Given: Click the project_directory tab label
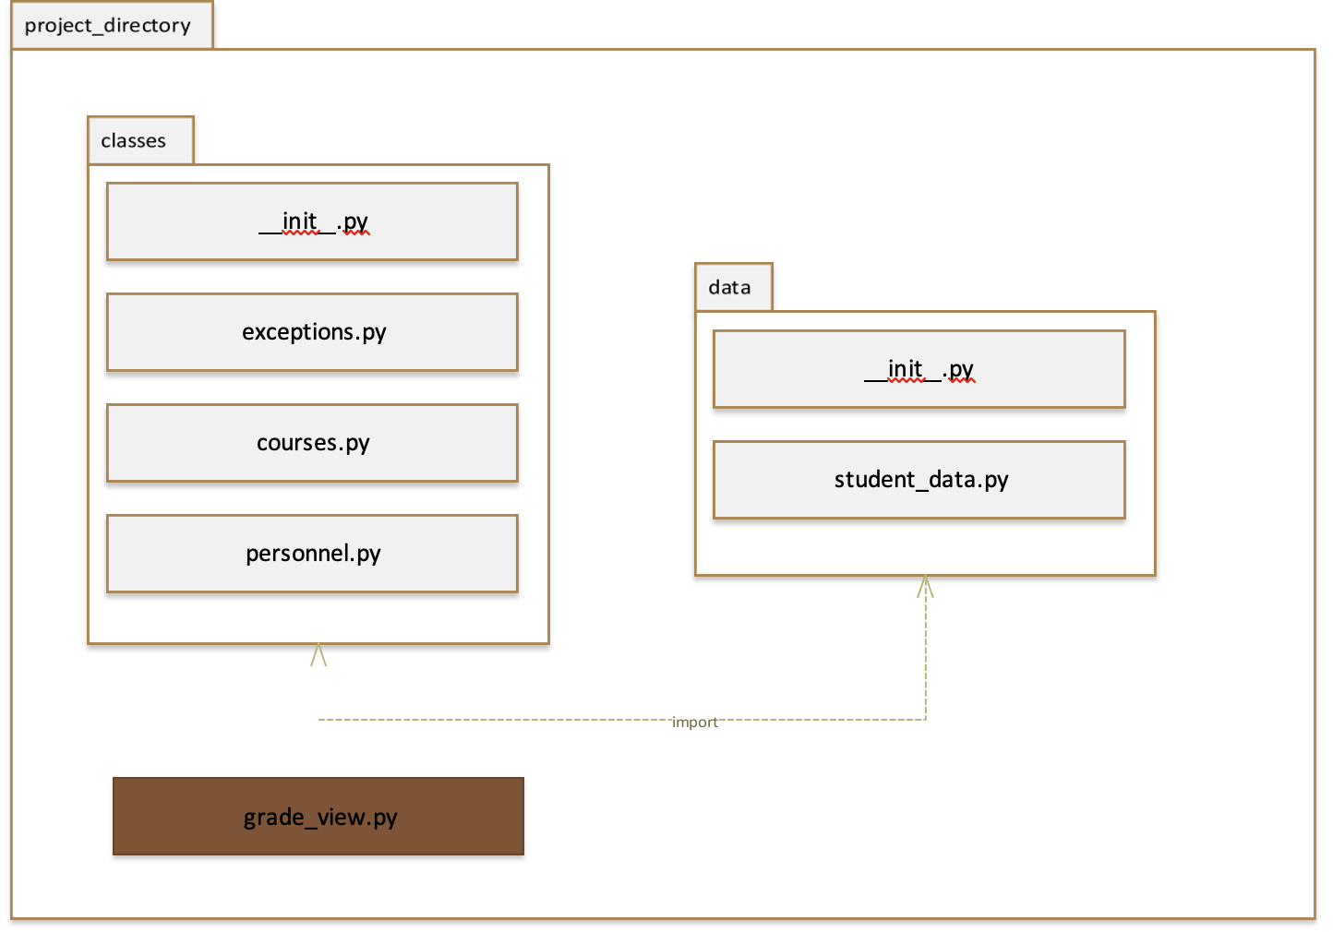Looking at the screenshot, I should [108, 25].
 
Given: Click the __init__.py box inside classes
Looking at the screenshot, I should [312, 221].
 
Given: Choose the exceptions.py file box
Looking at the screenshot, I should [312, 332].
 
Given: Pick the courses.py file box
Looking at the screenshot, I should [312, 443].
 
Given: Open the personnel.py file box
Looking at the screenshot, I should [312, 554].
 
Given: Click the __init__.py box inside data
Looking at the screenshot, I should [919, 369].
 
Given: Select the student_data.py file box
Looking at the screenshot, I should [919, 480].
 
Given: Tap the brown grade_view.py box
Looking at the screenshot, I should [318, 817].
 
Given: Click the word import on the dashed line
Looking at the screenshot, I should [694, 722].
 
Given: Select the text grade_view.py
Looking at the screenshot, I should [320, 818].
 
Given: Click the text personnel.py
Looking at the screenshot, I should [313, 554].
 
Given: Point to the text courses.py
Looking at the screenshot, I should [313, 443].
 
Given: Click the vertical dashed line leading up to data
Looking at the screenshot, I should [925, 655].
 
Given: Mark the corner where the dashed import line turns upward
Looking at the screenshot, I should [925, 720].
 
